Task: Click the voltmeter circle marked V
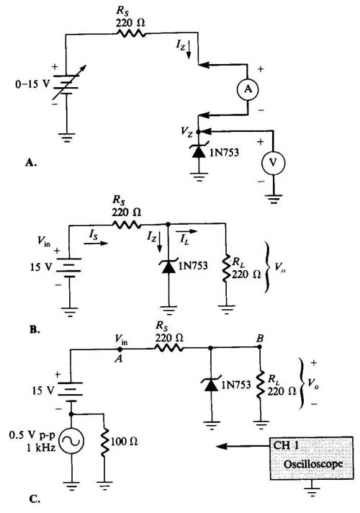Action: point(273,163)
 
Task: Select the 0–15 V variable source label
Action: point(32,84)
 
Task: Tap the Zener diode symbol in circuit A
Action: point(199,153)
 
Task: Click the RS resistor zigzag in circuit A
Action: point(130,33)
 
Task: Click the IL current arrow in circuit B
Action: point(186,231)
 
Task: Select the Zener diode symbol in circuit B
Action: point(168,267)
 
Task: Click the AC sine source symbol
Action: point(71,441)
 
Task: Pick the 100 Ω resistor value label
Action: point(125,442)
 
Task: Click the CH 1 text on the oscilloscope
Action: point(286,445)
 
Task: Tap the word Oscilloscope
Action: point(313,464)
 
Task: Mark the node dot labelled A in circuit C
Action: point(120,349)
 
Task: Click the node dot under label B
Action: point(260,347)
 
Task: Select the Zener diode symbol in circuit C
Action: point(210,384)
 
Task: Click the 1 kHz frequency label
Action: point(41,447)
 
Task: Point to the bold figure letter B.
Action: point(35,329)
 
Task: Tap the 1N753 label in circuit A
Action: point(225,153)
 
